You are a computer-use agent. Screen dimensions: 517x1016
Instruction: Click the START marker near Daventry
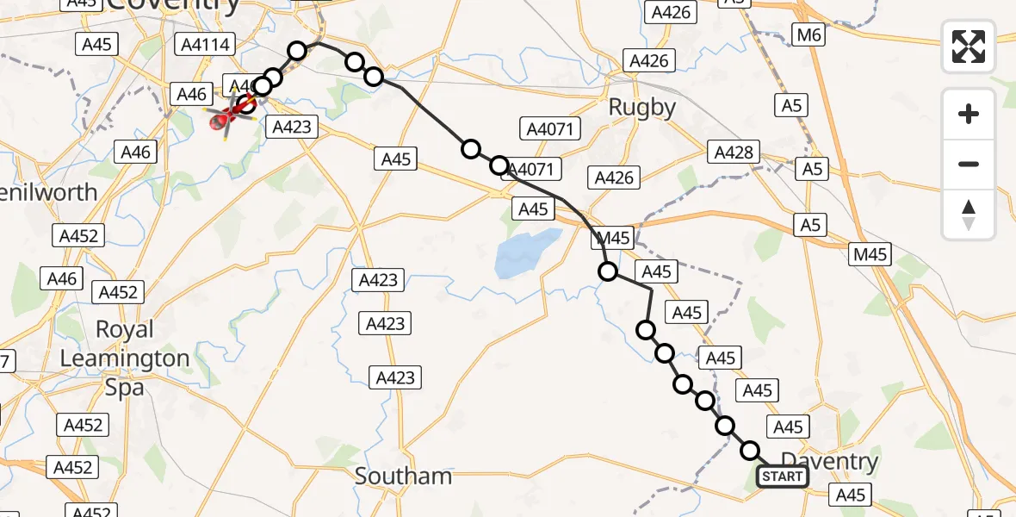point(782,477)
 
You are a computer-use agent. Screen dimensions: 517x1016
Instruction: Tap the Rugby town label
point(641,107)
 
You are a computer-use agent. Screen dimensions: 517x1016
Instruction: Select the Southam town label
point(403,476)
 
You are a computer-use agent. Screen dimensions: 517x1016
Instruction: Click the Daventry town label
point(829,461)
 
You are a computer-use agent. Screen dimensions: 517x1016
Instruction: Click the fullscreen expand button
point(969,46)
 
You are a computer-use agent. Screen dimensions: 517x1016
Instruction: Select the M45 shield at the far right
point(870,254)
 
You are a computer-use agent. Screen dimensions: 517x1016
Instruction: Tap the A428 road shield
point(734,153)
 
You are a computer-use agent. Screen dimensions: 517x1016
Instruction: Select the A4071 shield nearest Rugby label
point(551,129)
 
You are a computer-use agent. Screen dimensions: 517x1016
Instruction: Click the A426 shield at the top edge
point(672,11)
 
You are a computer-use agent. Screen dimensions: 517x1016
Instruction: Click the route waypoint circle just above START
point(751,451)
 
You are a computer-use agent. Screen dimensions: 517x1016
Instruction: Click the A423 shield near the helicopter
point(291,127)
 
